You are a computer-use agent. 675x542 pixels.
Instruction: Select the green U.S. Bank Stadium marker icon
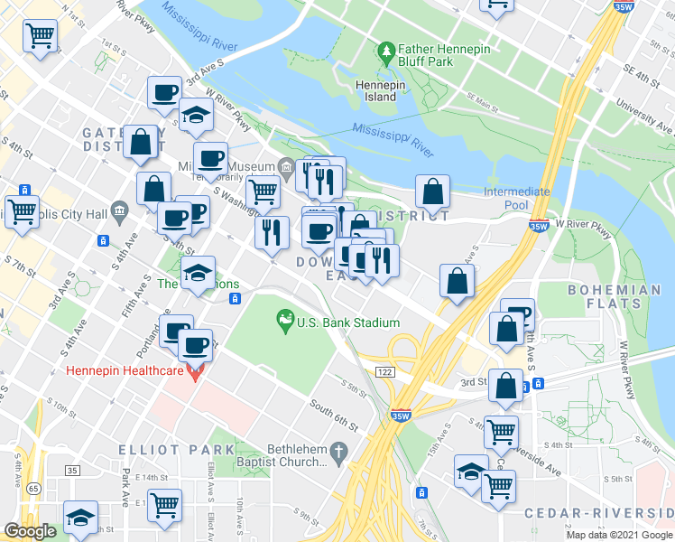click(285, 319)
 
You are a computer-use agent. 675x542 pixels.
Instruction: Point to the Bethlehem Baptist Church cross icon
click(339, 450)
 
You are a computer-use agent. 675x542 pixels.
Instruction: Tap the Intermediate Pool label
click(516, 199)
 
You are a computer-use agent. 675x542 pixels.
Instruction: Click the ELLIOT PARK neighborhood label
click(157, 449)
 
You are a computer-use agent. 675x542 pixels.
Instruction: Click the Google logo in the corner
click(30, 531)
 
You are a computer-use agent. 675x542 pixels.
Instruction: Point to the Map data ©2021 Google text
click(618, 535)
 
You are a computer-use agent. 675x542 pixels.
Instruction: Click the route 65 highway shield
click(32, 488)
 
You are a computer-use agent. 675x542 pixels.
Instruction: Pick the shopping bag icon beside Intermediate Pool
click(433, 192)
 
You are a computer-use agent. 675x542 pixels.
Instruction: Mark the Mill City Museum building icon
click(285, 167)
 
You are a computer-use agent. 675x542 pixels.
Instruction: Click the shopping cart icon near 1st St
click(40, 37)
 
